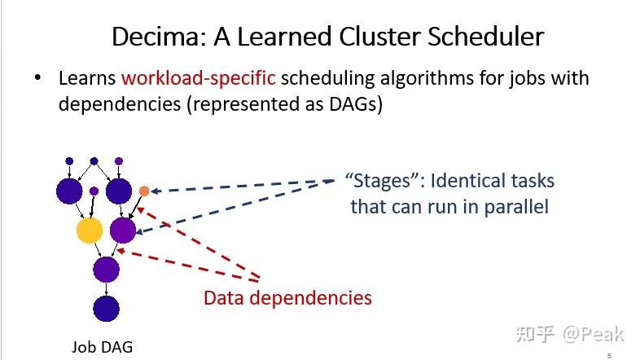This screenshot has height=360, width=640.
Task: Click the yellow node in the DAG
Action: [90, 230]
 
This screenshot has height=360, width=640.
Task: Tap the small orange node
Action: [144, 191]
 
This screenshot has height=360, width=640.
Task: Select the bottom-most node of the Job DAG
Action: [106, 309]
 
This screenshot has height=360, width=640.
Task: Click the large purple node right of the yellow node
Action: [123, 230]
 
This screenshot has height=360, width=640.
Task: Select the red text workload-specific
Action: [199, 79]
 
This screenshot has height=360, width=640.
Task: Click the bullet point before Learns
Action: [37, 79]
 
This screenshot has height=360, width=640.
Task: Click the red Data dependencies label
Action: [287, 298]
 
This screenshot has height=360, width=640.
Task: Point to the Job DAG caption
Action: [101, 347]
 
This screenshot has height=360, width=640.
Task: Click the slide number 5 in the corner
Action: [609, 355]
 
